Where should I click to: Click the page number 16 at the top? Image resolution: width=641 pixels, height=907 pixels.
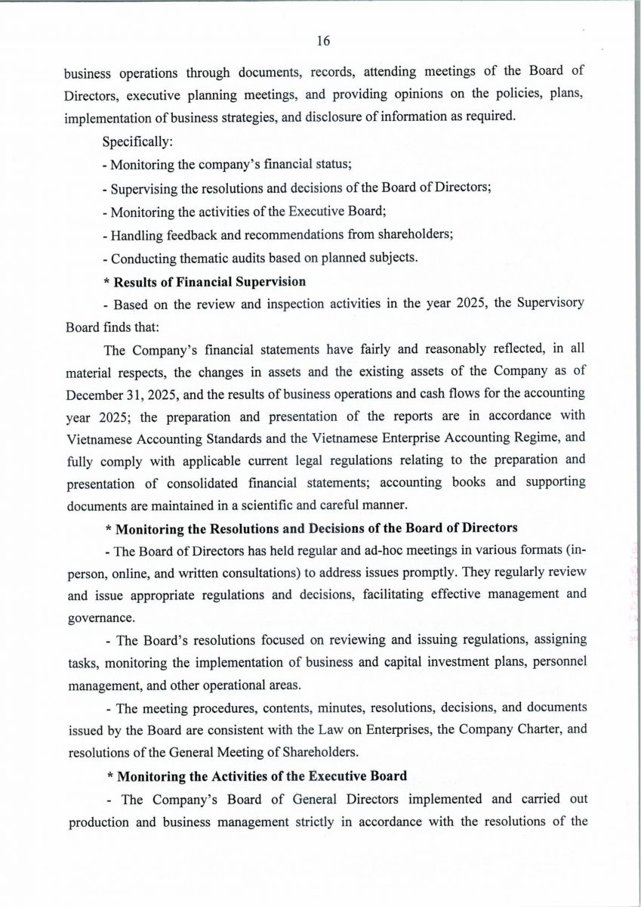(x=323, y=41)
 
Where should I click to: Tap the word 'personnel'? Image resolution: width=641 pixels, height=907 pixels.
(x=559, y=659)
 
